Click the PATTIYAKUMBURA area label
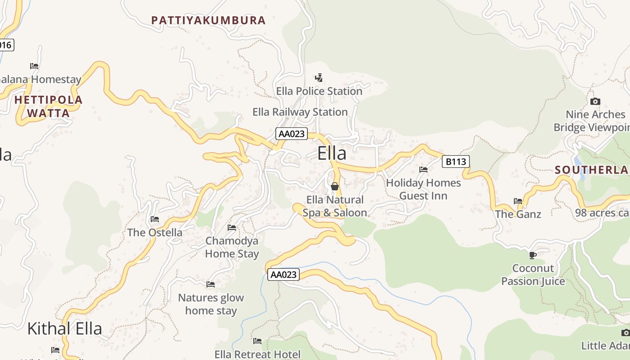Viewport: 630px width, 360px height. click(208, 20)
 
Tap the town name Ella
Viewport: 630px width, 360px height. click(332, 153)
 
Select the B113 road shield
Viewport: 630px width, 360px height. click(455, 161)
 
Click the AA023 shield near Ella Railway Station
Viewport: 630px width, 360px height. click(292, 134)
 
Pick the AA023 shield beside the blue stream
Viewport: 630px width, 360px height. click(283, 274)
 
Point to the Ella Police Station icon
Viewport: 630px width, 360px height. click(319, 78)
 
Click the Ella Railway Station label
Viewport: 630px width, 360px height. click(300, 112)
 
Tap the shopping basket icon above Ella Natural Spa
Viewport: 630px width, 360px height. click(334, 186)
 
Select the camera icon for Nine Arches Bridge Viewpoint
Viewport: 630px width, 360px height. click(595, 101)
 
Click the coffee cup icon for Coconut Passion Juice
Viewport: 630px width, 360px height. click(533, 255)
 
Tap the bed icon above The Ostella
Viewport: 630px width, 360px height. click(155, 219)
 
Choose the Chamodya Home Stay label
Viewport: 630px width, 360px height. click(232, 247)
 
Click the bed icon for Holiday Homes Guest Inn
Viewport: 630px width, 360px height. click(423, 170)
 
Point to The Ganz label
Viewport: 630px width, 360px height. click(518, 214)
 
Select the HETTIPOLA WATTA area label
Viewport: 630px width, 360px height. click(49, 106)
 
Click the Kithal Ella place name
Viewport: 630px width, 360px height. click(65, 328)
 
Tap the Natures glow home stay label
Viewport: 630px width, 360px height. click(211, 304)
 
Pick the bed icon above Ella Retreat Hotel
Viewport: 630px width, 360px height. click(257, 341)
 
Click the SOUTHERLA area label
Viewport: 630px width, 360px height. click(591, 170)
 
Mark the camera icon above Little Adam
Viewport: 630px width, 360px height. click(625, 333)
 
